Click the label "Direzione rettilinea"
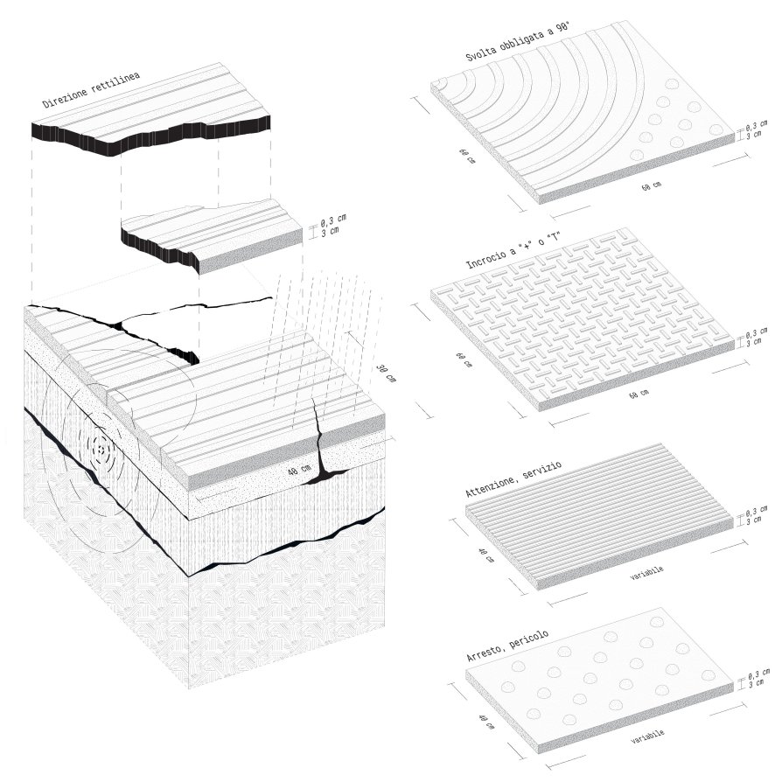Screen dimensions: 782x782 click(91, 90)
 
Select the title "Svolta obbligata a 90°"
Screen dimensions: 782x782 click(518, 42)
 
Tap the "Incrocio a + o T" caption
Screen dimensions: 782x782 click(513, 251)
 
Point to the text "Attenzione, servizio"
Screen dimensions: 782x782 click(513, 479)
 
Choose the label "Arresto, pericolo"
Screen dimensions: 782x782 click(507, 646)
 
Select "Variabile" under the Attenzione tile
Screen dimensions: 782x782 click(646, 573)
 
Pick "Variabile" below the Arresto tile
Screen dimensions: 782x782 click(647, 737)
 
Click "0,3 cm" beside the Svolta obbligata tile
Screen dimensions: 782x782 click(757, 125)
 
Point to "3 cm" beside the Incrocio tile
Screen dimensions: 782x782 click(754, 342)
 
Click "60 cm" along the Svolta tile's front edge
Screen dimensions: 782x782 click(652, 186)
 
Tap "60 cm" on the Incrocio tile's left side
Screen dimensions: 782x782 click(464, 360)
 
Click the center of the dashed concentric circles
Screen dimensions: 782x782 click(101, 450)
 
